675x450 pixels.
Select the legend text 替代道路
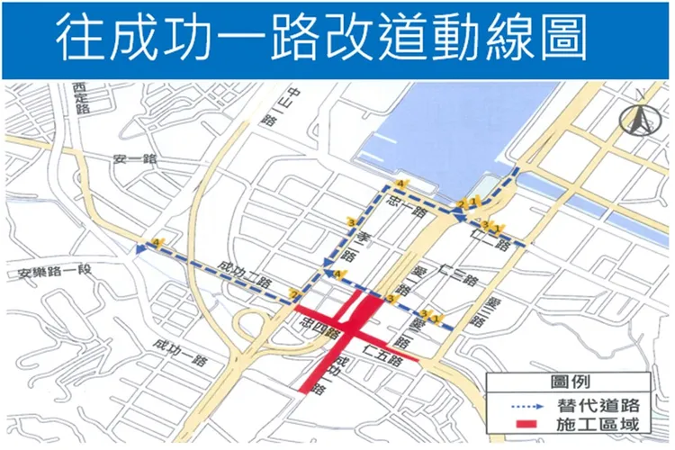(x=603, y=402)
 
